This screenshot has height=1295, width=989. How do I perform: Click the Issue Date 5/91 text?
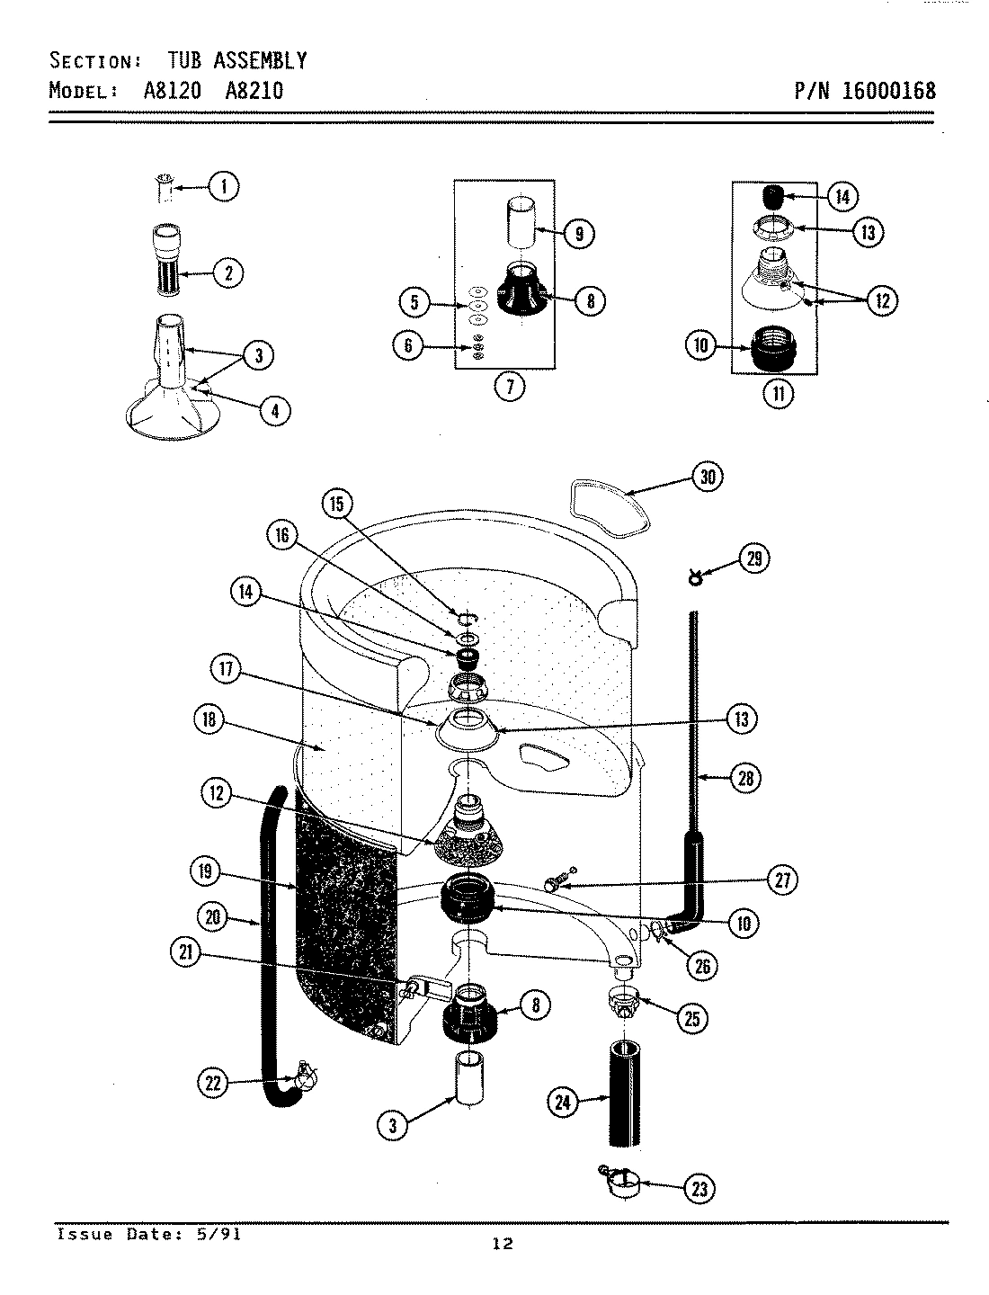148,1234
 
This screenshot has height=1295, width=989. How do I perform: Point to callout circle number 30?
708,477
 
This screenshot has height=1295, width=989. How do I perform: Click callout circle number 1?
224,187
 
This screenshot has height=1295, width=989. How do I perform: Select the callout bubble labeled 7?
510,388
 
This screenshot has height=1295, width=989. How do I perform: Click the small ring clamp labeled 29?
694,577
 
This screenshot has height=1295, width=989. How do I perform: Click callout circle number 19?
207,870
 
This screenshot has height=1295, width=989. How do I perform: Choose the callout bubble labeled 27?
782,880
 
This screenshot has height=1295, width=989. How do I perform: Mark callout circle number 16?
282,535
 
